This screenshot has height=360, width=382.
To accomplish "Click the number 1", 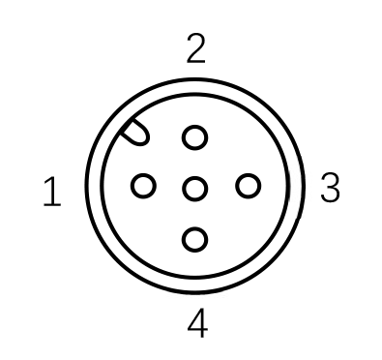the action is click(x=52, y=193).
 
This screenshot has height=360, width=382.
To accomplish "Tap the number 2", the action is click(x=195, y=47).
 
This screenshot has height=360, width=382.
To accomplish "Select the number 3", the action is click(x=330, y=188).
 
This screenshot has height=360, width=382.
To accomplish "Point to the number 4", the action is click(x=197, y=323).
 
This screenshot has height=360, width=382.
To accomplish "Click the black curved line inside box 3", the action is click(x=302, y=187).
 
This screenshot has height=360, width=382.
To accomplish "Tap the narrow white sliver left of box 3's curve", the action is click(x=292, y=187).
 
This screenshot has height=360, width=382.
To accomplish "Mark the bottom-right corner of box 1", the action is click(x=78, y=212).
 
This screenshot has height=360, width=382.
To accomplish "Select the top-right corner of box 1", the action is click(x=78, y=161).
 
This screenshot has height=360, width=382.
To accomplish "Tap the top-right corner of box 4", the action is click(x=245, y=290).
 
